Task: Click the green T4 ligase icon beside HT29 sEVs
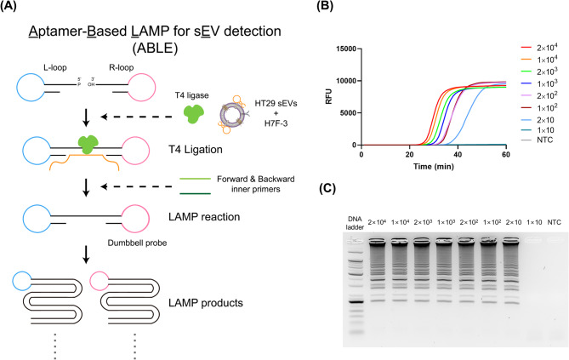pyautogui.click(x=191, y=114)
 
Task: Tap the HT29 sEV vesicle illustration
pyautogui.click(x=230, y=115)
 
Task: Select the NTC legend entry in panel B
pyautogui.click(x=537, y=140)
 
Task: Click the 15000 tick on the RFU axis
pyautogui.click(x=346, y=49)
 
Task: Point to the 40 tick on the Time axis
pyautogui.click(x=458, y=154)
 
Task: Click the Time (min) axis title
pyautogui.click(x=433, y=167)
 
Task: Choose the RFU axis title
pyautogui.click(x=329, y=97)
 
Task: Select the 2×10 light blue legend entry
pyautogui.click(x=538, y=120)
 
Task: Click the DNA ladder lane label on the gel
pyautogui.click(x=355, y=223)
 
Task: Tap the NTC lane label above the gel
pyautogui.click(x=555, y=222)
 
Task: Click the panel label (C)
pyautogui.click(x=327, y=188)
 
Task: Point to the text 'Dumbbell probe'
pyautogui.click(x=137, y=243)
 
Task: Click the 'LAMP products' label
pyautogui.click(x=206, y=303)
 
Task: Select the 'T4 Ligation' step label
pyautogui.click(x=196, y=149)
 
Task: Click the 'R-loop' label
pyautogui.click(x=122, y=67)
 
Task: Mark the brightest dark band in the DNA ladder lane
pyautogui.click(x=355, y=302)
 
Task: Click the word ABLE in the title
pyautogui.click(x=155, y=49)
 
